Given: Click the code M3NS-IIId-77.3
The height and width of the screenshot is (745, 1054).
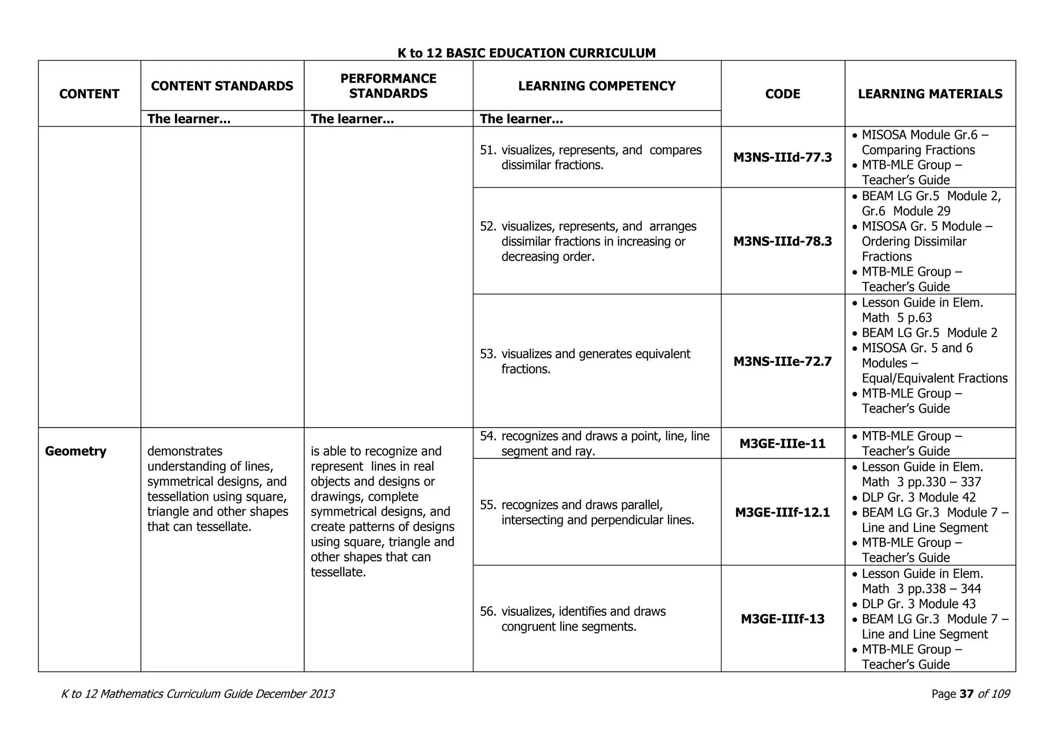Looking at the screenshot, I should [782, 157].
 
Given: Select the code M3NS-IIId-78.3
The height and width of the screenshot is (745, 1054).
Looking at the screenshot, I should [782, 241].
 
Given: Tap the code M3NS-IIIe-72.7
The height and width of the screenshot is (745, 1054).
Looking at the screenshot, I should [782, 362].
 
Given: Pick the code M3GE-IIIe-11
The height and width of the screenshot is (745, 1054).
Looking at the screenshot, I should [782, 444].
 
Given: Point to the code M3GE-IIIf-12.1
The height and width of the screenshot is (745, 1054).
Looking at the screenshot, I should [782, 512].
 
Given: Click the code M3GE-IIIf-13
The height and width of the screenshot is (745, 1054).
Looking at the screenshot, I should [782, 619].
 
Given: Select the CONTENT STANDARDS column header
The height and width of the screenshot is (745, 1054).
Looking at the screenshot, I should [222, 86].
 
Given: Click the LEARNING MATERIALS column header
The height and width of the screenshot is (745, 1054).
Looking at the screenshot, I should [929, 94].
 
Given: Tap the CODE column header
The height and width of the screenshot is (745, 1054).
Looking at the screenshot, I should [782, 94].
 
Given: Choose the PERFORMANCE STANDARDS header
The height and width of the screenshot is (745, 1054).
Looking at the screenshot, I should [388, 86].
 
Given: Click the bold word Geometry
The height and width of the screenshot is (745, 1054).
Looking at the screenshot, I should [76, 451].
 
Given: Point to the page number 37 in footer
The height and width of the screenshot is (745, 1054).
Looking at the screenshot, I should [967, 694].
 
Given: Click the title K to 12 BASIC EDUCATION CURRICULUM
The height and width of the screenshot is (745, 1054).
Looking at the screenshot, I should [526, 53].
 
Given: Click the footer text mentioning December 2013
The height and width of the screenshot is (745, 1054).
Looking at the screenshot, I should [198, 694].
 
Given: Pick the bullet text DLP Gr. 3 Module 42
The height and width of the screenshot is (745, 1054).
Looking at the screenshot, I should [919, 498].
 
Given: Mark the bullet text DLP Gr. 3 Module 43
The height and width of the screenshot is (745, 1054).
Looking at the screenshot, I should [919, 604].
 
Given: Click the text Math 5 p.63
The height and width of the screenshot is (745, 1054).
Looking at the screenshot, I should [897, 318].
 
